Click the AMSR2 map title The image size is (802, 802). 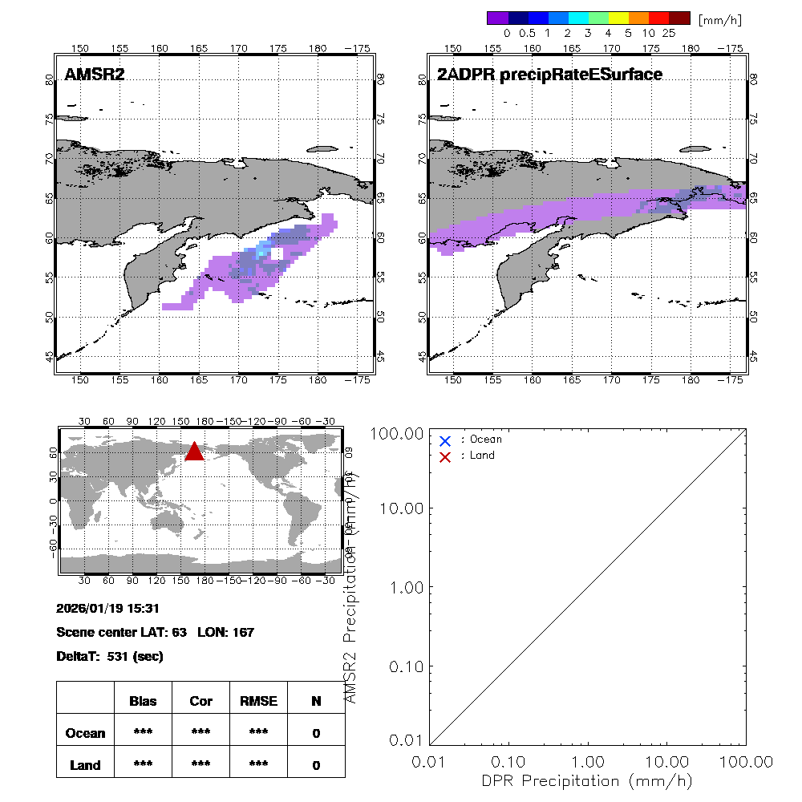pos(95,75)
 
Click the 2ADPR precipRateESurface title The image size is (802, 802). pos(549,75)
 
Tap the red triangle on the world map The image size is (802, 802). pos(195,452)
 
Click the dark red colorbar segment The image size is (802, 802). pos(679,18)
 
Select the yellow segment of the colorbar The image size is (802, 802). pos(618,18)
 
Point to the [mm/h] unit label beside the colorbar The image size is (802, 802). pos(719,18)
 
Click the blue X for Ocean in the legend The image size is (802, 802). pos(445,440)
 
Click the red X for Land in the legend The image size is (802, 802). pos(445,456)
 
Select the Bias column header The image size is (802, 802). pos(143,701)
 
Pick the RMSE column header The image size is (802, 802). pos(258,701)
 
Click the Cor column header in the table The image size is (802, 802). pos(200,701)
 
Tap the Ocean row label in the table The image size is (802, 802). pos(85,733)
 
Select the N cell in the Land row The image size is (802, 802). pos(316,765)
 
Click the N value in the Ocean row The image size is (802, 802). pos(316,733)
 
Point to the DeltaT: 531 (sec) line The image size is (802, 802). pos(110,656)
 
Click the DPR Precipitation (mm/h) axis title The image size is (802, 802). pos(587,780)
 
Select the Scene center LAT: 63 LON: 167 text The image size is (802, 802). pos(155,632)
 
